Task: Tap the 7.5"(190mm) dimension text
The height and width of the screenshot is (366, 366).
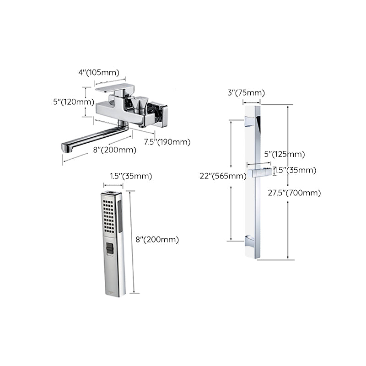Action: click(167, 142)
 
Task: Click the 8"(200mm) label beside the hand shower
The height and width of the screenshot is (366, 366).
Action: click(158, 239)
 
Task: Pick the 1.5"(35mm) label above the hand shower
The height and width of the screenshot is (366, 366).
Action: click(131, 176)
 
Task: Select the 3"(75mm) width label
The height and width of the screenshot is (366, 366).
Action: click(246, 93)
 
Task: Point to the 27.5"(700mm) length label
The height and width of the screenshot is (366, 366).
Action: click(294, 193)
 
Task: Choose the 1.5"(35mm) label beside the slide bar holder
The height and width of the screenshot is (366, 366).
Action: click(295, 170)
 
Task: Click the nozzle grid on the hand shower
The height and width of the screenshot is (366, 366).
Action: click(108, 215)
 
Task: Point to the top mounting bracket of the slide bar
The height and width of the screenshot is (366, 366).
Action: click(249, 121)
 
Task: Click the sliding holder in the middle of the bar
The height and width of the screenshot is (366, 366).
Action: click(259, 172)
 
